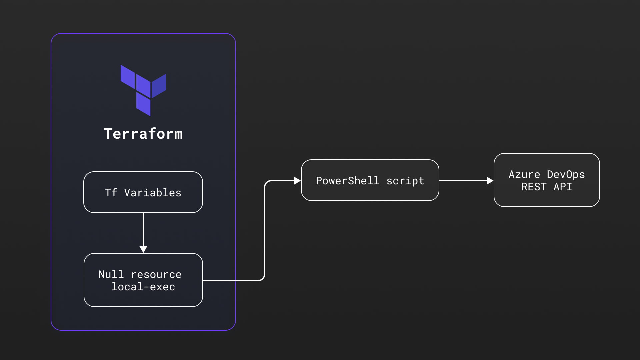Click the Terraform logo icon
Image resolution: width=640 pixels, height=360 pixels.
143,90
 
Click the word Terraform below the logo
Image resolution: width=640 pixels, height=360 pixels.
143,134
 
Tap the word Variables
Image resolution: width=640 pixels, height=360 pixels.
153,193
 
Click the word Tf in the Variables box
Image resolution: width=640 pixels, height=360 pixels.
111,193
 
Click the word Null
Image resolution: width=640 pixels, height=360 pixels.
111,274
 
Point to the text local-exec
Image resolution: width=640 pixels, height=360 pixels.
143,287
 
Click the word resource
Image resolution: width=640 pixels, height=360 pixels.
156,275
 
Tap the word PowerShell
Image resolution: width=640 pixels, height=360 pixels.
347,181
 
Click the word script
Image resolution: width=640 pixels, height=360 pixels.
405,181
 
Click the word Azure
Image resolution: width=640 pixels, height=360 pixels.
524,174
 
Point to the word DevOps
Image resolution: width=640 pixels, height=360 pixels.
566,174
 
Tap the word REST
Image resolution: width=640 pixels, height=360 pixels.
534,187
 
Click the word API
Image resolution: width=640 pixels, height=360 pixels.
563,187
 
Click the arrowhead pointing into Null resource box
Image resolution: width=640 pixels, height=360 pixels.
143,249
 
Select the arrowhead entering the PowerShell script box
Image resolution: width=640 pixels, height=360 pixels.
297,181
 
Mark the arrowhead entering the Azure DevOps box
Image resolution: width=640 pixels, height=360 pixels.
490,181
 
